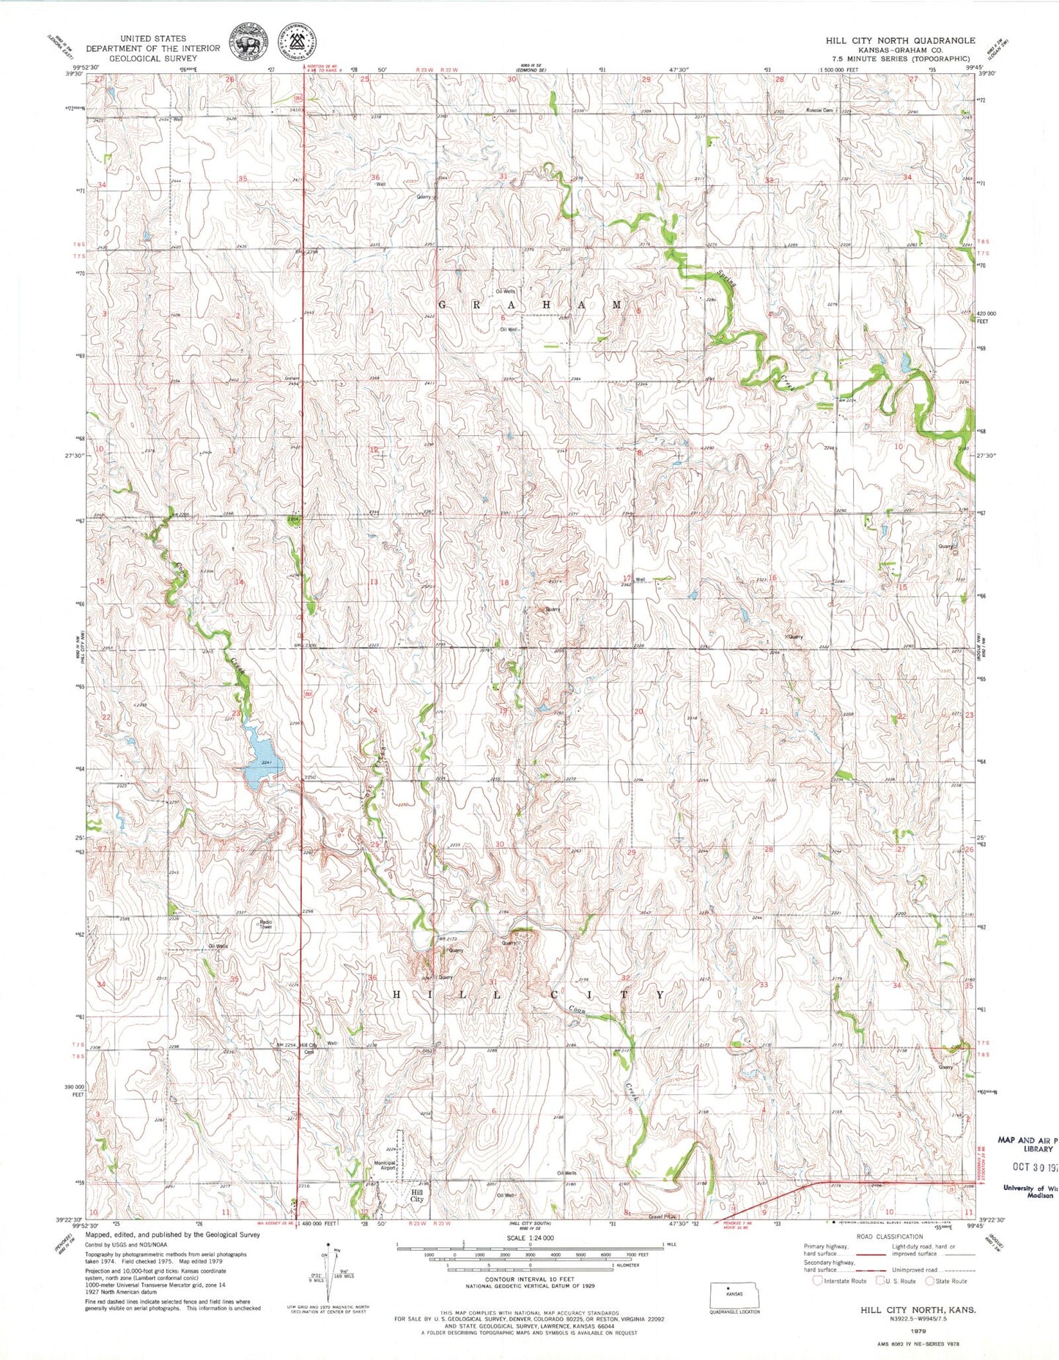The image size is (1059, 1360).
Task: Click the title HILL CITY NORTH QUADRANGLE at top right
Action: point(900,40)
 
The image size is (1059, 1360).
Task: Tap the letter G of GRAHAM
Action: point(443,305)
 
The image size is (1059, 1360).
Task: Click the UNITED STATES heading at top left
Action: point(153,38)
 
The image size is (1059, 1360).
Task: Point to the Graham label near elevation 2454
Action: point(293,378)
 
